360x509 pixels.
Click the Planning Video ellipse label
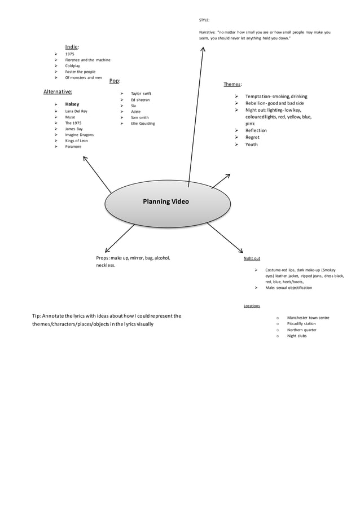(x=166, y=201)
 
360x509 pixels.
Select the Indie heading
(x=72, y=46)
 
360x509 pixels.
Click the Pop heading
(x=115, y=81)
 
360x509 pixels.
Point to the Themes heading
(x=233, y=84)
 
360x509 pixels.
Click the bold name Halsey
(x=72, y=104)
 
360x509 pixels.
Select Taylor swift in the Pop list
(x=141, y=94)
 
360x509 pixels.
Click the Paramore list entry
(x=73, y=147)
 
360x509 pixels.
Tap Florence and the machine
(x=87, y=60)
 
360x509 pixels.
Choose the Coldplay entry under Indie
(x=73, y=66)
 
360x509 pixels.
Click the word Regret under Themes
(x=253, y=137)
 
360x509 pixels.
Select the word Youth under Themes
(x=252, y=144)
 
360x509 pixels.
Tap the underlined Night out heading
(x=252, y=258)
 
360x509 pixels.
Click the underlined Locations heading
(x=252, y=306)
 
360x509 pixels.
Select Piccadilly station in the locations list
(x=301, y=324)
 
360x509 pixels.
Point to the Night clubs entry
(x=297, y=336)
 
